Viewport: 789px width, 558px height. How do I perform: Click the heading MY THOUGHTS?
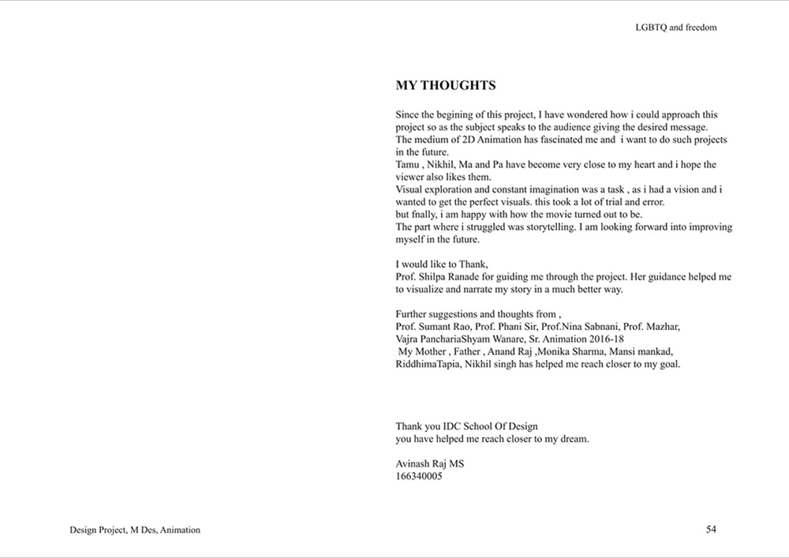(445, 85)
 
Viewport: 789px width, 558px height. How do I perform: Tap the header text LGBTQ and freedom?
(675, 27)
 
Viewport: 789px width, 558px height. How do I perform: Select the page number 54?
(711, 530)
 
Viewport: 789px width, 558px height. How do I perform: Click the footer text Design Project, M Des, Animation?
(135, 530)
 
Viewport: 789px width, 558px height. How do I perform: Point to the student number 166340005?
(419, 477)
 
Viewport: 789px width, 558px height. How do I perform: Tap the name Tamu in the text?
(409, 165)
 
